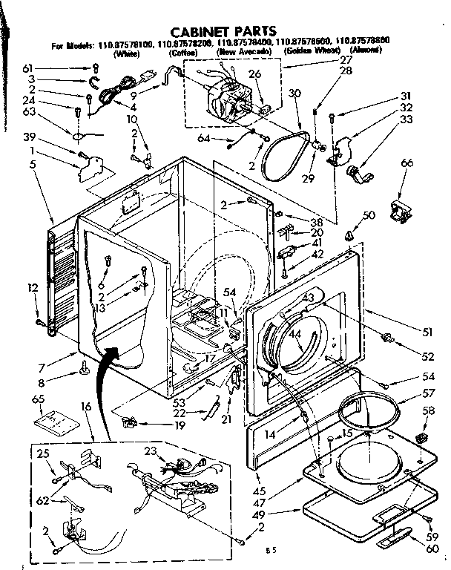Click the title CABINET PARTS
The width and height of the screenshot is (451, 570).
pyautogui.click(x=223, y=32)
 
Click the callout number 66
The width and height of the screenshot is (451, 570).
pyautogui.click(x=407, y=163)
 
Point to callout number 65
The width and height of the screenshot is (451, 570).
pyautogui.click(x=40, y=400)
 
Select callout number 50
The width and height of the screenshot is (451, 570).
pyautogui.click(x=369, y=214)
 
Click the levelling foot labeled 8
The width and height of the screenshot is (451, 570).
pyautogui.click(x=86, y=366)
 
